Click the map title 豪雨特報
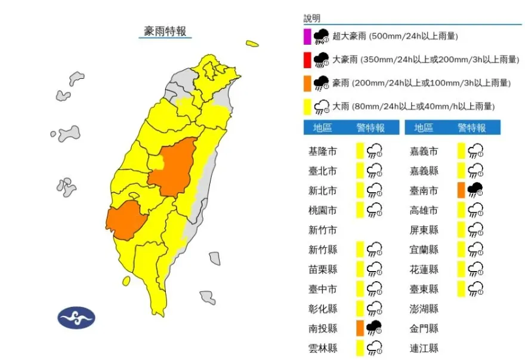pos(165,30)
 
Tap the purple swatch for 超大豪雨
pos(307,36)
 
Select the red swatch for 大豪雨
pos(307,60)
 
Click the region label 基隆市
pos(322,152)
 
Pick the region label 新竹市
pos(322,230)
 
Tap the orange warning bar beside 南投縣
pos(360,328)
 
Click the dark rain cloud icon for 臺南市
pos(475,190)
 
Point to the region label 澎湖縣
pos(424,309)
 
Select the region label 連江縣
pos(424,347)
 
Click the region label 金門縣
pos(424,328)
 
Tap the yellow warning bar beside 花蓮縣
pos(461,269)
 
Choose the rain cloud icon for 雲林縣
pos(375,347)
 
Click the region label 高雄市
pos(424,210)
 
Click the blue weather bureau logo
pos(76,317)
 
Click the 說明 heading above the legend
pos(312,19)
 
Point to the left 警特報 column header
pos(370,128)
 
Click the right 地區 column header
pos(424,128)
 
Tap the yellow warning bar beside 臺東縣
pos(461,289)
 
